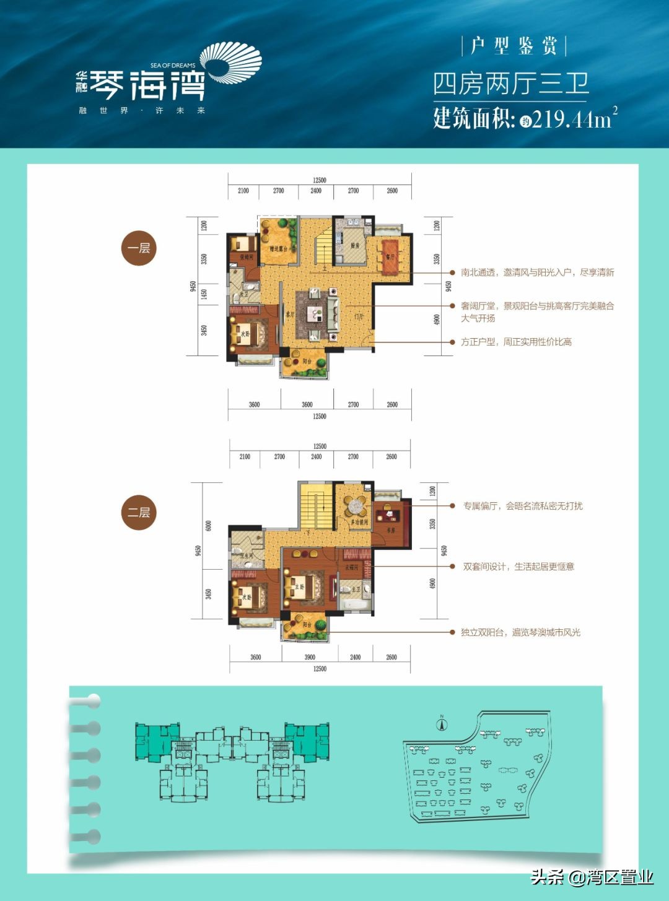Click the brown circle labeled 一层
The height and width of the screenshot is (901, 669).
pos(139,248)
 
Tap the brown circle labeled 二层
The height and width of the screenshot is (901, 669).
pos(139,512)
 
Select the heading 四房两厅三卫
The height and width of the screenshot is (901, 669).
pos(510,84)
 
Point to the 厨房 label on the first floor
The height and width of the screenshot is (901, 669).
pos(354,246)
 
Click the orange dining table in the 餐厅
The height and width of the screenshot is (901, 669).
pos(390,256)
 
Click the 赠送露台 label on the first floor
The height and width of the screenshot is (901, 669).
pos(278,249)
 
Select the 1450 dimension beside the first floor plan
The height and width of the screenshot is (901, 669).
pos(204,294)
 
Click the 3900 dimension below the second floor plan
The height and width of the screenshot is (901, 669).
pos(309,657)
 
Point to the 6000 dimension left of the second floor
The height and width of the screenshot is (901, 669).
pos(209,525)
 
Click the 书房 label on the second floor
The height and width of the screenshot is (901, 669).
pos(390,531)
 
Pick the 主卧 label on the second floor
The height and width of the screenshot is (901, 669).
pos(300,586)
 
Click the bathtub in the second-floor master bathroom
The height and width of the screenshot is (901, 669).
pos(356,602)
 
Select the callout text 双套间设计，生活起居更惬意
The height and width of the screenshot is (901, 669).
pos(518,567)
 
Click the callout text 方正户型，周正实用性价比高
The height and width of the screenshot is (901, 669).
pos(515,342)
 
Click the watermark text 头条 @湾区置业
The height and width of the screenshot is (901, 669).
pos(592,877)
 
